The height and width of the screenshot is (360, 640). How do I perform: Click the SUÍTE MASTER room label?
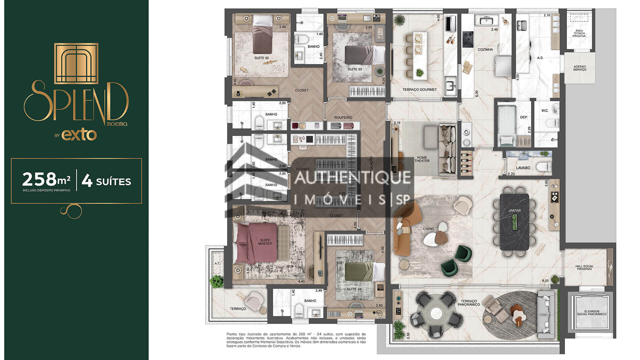265,242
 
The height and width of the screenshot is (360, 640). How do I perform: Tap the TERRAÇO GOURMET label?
419,89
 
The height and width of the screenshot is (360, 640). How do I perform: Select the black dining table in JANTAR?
514,222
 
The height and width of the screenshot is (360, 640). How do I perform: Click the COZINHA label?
485,49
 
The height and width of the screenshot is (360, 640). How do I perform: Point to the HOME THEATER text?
422,159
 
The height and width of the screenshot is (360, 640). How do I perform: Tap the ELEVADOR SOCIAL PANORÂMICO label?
592,313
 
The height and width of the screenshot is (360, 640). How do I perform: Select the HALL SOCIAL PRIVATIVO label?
584,268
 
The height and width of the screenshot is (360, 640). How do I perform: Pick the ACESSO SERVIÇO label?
580,68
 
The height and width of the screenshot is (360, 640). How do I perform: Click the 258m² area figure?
46,180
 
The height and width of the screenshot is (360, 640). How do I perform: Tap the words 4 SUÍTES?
107,181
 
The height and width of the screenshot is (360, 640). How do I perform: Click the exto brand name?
79,135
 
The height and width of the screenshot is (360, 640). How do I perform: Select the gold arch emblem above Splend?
76,63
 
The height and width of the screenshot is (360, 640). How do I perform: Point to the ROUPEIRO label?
343,118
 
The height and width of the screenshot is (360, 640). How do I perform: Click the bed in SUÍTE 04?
363,271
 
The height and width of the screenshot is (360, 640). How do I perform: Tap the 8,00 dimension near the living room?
545,281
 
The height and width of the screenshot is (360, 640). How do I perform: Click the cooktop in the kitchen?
468,39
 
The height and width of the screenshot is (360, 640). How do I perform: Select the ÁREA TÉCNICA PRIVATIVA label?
579,33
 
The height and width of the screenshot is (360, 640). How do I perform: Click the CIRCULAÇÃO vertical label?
371,167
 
